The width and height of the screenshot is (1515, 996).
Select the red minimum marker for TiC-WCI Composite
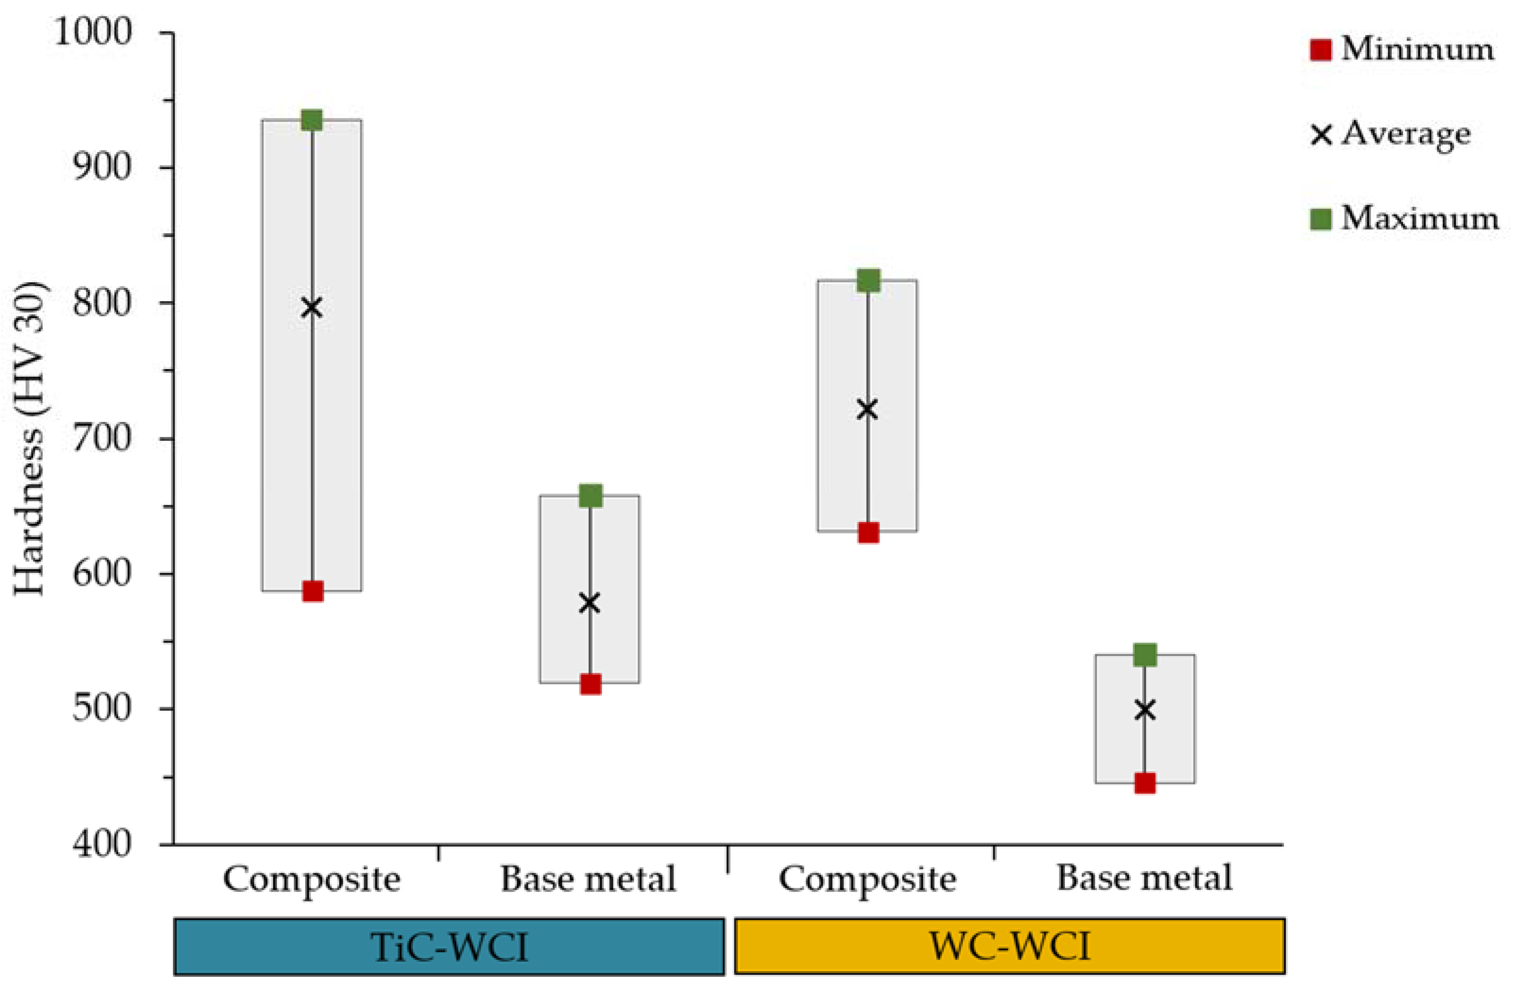tap(313, 591)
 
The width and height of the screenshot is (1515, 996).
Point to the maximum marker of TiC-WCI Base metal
tap(590, 496)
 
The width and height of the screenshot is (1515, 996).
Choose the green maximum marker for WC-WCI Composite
tap(868, 280)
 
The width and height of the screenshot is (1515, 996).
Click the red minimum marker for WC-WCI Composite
tap(868, 532)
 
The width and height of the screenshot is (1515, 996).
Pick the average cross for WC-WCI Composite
tap(868, 409)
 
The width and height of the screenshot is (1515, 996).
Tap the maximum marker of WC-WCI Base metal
tap(1145, 654)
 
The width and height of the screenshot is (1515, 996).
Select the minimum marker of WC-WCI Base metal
tap(1145, 784)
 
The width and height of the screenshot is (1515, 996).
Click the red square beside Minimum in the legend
tap(1321, 50)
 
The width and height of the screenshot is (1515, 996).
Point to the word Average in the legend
tap(1406, 134)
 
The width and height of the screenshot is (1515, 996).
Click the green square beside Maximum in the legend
tap(1321, 219)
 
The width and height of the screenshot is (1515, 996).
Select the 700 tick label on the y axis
tap(102, 438)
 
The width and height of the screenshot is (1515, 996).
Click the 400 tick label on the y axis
tap(102, 844)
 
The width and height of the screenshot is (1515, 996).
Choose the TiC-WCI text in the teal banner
tap(450, 947)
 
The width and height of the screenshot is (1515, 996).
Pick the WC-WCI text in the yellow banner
tap(1010, 945)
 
